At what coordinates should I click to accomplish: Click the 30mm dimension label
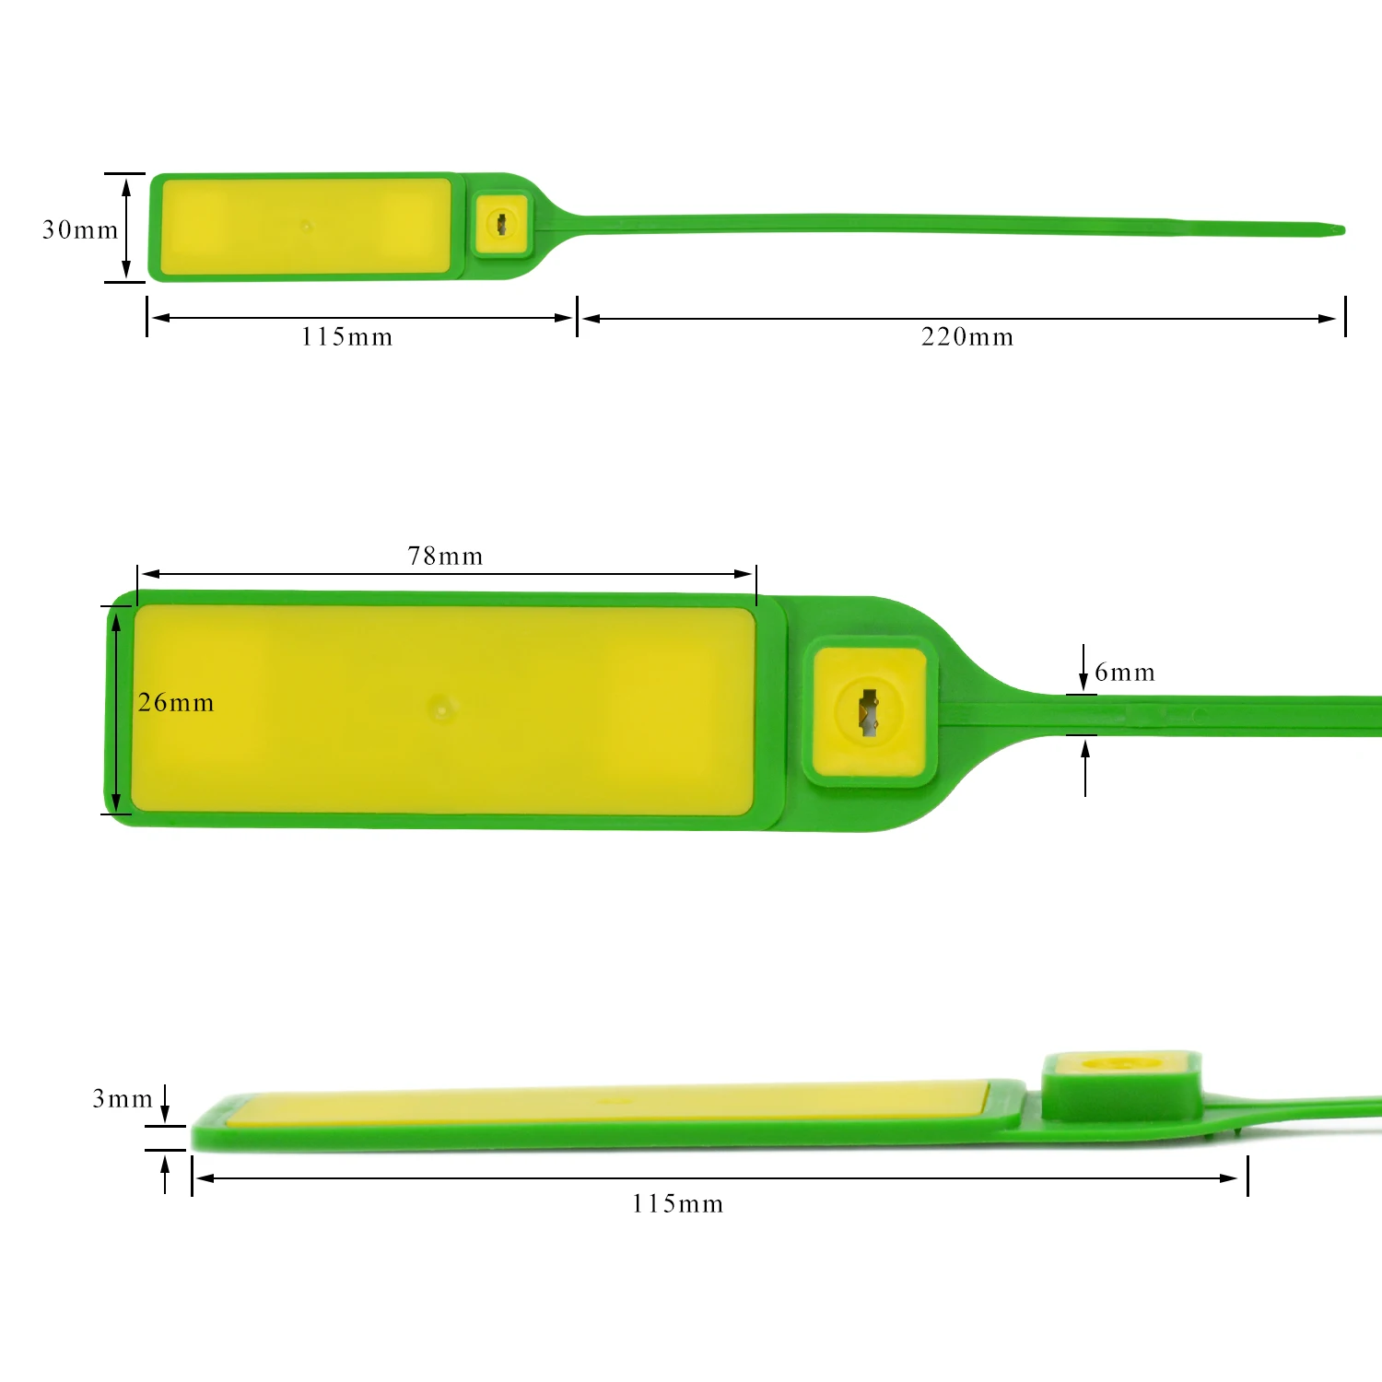[80, 229]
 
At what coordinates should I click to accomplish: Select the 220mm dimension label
[966, 337]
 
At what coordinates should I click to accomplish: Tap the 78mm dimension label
[445, 556]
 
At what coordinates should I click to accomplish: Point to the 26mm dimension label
[176, 703]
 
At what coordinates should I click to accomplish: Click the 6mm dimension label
[1124, 673]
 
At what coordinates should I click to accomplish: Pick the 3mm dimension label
[123, 1099]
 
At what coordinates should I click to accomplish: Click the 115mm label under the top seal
[346, 337]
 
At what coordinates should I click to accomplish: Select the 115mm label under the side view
[677, 1204]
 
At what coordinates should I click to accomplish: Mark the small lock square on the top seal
[502, 224]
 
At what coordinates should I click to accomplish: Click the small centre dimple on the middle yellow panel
[443, 708]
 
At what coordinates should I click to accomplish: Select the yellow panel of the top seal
[305, 226]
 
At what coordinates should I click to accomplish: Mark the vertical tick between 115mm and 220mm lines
[577, 316]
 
